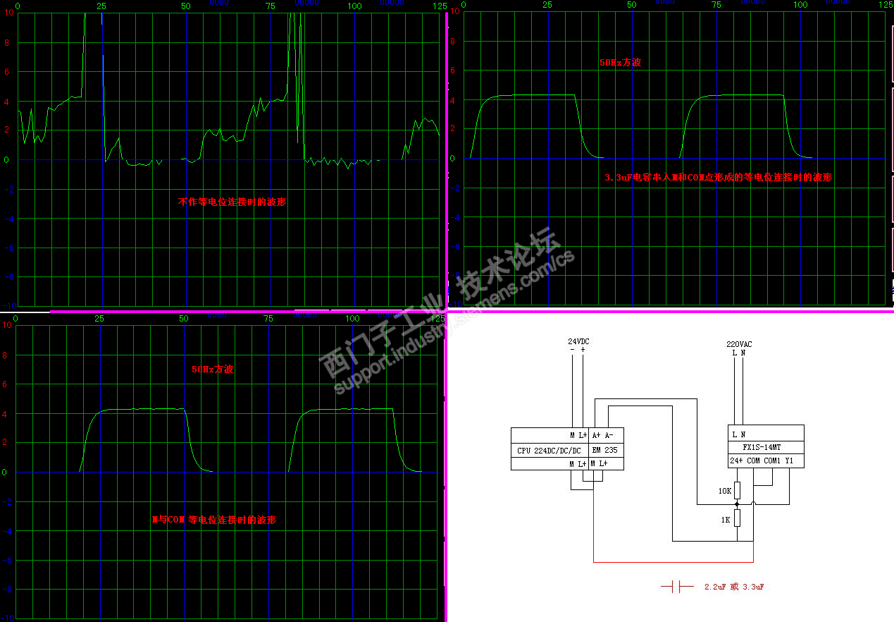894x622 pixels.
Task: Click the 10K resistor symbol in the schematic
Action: pos(738,490)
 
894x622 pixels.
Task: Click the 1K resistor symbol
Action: pos(738,519)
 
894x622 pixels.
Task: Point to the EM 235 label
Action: pos(604,450)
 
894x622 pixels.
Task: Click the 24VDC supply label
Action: pos(578,341)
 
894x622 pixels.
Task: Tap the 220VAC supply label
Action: pos(738,344)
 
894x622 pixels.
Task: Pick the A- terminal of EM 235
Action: pos(610,435)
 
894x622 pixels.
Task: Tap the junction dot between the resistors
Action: pos(738,505)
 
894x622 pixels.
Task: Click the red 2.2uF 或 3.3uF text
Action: pos(734,587)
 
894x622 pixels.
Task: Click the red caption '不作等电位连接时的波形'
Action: pos(232,202)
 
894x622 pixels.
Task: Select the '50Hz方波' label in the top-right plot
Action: pos(620,62)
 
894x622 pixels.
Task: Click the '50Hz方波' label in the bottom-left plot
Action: pos(212,369)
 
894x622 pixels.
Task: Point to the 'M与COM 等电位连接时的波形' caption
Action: pos(213,520)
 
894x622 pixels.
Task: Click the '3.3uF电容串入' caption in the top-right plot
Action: pos(718,178)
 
